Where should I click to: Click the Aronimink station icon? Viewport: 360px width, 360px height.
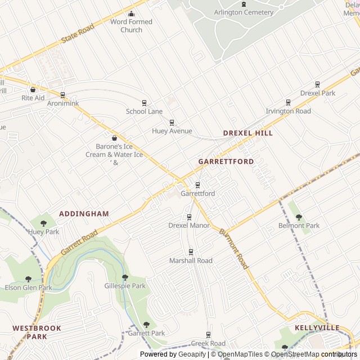[x=62, y=95]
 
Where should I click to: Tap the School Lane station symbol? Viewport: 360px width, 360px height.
[x=144, y=102]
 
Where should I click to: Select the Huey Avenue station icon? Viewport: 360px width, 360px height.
[x=172, y=122]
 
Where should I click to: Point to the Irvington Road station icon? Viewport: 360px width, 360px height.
[x=288, y=102]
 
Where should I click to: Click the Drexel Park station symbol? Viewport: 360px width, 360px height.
[x=317, y=84]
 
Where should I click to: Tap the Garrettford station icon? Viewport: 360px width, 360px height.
[x=197, y=184]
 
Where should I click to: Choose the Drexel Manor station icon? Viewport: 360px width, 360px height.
[x=189, y=217]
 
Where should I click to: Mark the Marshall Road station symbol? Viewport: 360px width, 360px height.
[x=191, y=251]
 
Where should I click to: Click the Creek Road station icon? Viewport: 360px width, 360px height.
[x=208, y=334]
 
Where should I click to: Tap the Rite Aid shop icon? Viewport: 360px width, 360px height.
[x=33, y=89]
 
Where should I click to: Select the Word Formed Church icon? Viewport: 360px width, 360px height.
[x=131, y=14]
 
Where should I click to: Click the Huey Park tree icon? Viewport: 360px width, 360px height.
[x=43, y=223]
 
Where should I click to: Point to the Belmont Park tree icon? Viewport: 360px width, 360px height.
[x=299, y=217]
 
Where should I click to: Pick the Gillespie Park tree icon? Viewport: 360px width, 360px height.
[x=125, y=277]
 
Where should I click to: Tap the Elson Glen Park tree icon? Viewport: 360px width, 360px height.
[x=28, y=279]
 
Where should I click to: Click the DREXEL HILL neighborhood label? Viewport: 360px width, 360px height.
[x=247, y=133]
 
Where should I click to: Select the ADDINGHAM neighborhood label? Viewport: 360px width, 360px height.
[x=84, y=214]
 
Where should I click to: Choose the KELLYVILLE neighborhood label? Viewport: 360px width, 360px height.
[x=317, y=327]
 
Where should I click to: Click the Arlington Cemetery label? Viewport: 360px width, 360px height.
[x=244, y=12]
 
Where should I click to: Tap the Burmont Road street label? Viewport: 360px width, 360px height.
[x=233, y=248]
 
